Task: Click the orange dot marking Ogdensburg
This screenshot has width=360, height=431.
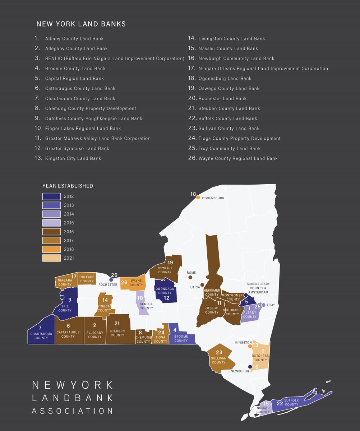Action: click(x=198, y=197)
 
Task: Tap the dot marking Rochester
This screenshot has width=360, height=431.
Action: click(x=111, y=279)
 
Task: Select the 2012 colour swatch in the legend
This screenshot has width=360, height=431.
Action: click(x=51, y=196)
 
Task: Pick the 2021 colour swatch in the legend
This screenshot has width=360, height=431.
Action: click(x=51, y=258)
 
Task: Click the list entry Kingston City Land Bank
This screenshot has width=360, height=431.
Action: click(x=73, y=158)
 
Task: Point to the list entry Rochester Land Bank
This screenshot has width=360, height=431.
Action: click(x=222, y=98)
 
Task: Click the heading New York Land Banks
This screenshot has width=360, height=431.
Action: click(x=81, y=24)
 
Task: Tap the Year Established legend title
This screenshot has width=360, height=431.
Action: click(x=68, y=186)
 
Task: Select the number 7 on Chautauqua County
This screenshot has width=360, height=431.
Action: click(x=40, y=328)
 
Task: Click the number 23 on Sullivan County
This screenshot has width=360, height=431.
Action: click(x=219, y=352)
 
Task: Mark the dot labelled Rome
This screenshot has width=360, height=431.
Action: click(x=190, y=277)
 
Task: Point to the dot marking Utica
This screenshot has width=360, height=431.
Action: click(x=202, y=285)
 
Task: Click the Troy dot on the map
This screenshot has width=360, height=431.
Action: click(x=263, y=305)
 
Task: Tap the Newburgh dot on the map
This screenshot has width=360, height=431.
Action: click(x=250, y=367)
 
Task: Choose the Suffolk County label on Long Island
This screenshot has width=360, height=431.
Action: click(x=291, y=402)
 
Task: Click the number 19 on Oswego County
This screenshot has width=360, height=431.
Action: click(x=170, y=263)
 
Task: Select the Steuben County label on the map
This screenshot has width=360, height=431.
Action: click(x=117, y=333)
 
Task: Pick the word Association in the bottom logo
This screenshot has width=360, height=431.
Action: click(x=73, y=411)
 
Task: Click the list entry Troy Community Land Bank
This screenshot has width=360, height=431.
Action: click(x=230, y=148)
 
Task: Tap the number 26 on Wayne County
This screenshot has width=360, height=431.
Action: click(x=124, y=283)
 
